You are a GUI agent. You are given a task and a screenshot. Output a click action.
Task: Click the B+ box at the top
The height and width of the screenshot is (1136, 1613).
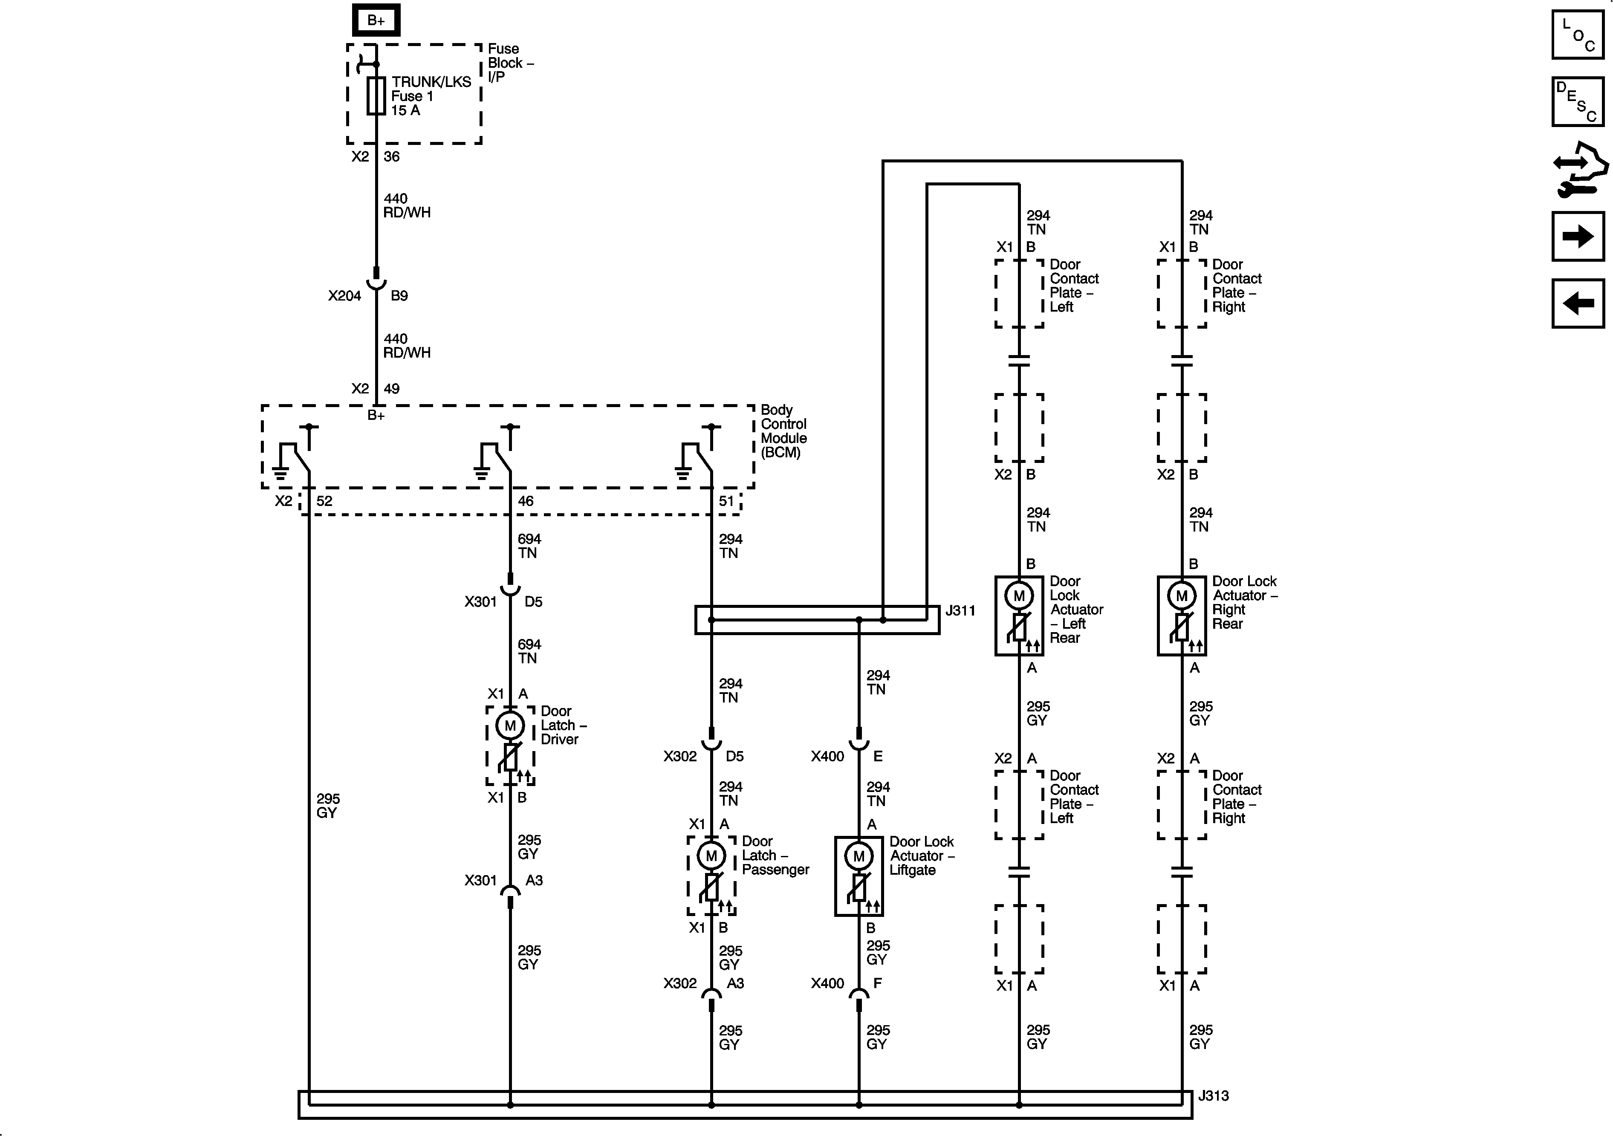376,20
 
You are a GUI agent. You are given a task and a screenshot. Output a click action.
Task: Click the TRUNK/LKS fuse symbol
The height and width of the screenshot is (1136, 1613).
376,95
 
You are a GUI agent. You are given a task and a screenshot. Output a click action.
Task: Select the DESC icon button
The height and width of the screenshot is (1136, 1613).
1578,102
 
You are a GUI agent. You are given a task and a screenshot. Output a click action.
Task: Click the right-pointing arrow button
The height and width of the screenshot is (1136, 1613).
1578,236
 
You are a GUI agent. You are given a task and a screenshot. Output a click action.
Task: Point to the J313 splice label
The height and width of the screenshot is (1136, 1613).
1213,1095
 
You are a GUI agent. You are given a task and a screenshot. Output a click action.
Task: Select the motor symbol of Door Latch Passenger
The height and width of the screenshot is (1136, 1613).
711,856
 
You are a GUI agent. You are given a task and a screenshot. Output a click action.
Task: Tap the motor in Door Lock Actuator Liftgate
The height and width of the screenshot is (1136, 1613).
859,856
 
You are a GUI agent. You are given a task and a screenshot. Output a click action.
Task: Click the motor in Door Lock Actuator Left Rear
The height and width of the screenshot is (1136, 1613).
1019,596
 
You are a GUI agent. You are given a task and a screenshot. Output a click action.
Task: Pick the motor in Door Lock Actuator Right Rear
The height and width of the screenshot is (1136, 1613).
1182,596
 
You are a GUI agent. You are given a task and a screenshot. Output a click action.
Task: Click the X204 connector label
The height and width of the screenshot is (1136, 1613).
344,296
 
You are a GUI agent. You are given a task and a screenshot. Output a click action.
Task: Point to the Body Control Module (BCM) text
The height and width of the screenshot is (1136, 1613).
783,431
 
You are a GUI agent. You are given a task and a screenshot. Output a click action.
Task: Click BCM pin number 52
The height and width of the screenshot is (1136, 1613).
324,501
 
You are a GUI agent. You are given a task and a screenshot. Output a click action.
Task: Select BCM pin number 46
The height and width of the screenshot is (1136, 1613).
526,501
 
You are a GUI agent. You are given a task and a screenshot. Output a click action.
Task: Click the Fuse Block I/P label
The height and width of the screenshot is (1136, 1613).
510,63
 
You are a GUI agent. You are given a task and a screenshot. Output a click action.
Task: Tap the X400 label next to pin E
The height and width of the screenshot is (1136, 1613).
827,757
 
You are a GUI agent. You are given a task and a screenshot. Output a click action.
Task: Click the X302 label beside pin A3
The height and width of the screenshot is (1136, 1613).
679,983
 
